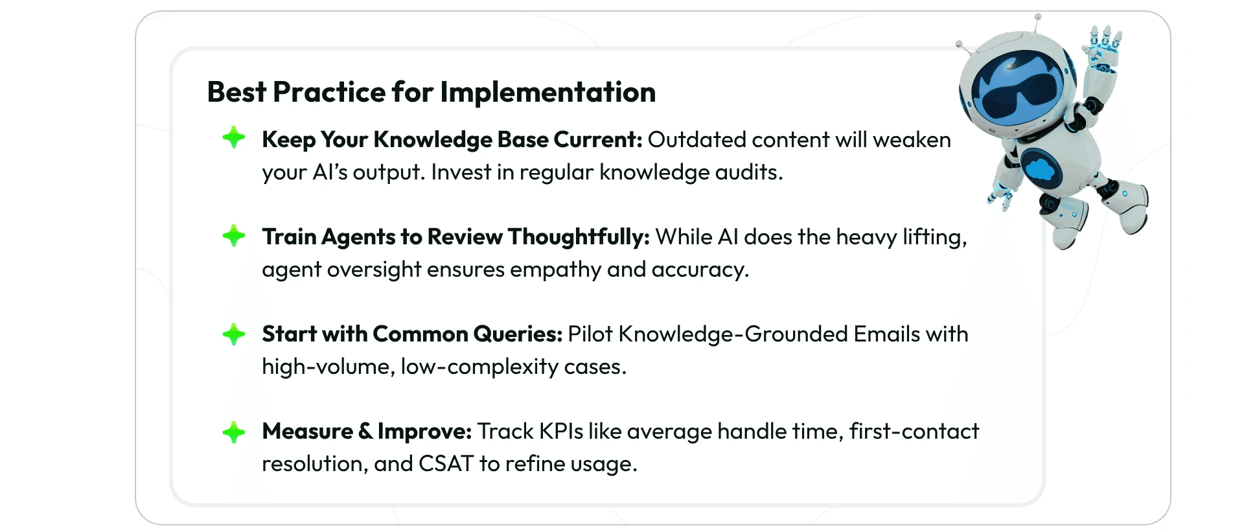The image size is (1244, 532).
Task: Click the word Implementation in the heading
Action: pyautogui.click(x=548, y=93)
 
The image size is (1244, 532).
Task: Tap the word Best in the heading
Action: pyautogui.click(x=236, y=93)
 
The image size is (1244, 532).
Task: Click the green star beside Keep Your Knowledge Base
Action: pyautogui.click(x=234, y=137)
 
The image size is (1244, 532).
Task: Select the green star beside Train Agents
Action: pyautogui.click(x=234, y=235)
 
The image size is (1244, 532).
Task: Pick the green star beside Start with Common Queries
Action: pyautogui.click(x=234, y=334)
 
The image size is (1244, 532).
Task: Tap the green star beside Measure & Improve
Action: pyautogui.click(x=234, y=432)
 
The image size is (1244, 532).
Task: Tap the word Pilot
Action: pyautogui.click(x=590, y=334)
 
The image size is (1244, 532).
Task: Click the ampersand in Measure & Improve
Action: pyautogui.click(x=365, y=432)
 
